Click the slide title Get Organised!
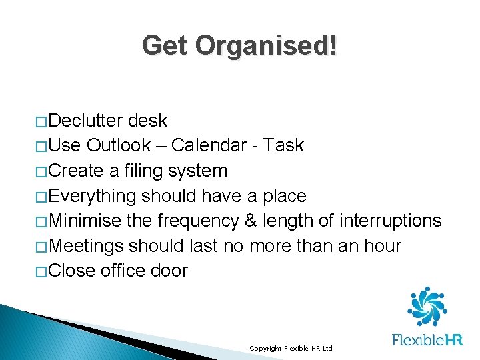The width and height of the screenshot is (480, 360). click(239, 46)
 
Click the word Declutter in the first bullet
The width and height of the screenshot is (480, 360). click(85, 121)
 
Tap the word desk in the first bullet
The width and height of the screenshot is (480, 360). click(147, 121)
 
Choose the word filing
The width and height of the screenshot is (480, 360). click(141, 171)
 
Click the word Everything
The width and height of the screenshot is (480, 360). click(93, 196)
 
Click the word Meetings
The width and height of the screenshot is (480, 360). click(86, 246)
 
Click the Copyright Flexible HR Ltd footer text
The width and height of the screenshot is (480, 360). click(290, 349)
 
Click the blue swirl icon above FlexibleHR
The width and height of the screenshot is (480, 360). click(427, 307)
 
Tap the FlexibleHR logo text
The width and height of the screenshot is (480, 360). click(427, 340)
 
